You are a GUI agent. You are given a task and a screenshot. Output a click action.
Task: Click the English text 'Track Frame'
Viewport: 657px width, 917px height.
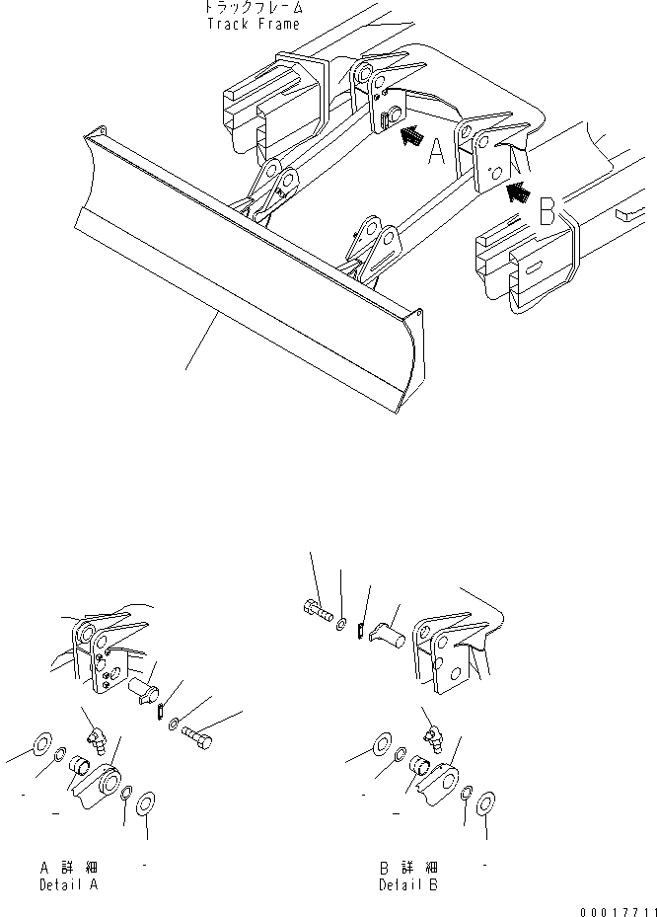(x=253, y=24)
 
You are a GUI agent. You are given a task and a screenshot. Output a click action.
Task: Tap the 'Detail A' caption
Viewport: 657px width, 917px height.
(x=68, y=884)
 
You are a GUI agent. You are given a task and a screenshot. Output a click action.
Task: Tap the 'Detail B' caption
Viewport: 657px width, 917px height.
(x=408, y=884)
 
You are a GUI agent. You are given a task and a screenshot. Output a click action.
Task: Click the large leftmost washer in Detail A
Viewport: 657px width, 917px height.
(x=43, y=744)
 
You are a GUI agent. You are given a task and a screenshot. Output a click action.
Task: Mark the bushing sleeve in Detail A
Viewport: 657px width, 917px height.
(x=79, y=764)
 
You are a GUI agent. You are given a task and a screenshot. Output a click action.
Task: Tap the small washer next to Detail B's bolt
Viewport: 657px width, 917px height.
(x=340, y=623)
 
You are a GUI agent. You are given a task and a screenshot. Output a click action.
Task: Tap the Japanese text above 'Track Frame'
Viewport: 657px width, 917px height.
(x=253, y=8)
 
